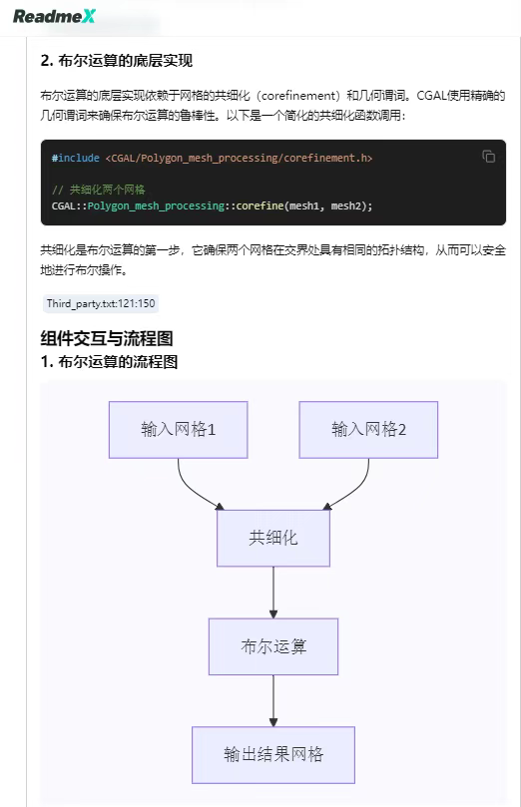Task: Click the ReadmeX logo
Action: point(54,16)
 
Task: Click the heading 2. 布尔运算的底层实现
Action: point(117,61)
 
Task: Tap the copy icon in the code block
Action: point(489,156)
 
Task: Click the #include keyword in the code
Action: point(75,158)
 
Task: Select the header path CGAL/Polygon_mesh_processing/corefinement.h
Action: point(239,158)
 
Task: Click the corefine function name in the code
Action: point(260,205)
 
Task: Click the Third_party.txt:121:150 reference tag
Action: point(101,303)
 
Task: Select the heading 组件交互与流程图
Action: point(107,338)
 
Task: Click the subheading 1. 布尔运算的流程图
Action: point(109,362)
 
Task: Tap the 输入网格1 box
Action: point(178,430)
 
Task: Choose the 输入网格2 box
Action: point(368,430)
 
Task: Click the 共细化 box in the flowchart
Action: point(273,539)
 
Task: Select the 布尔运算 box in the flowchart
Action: point(273,646)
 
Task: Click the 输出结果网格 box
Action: point(273,755)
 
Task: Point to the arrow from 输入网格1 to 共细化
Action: point(190,489)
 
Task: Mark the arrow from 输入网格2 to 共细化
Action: point(357,489)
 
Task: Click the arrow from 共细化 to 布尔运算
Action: point(273,593)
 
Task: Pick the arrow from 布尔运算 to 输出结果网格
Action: point(273,700)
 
